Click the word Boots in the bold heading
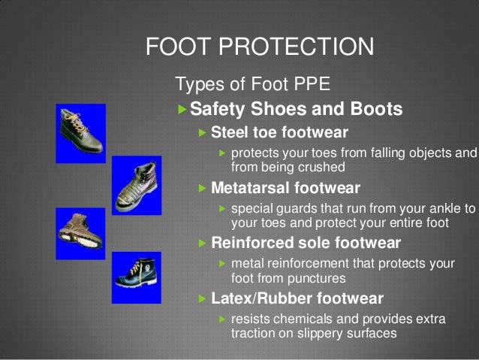coord(375,110)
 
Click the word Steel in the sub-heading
coord(232,134)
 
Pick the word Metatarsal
coord(252,188)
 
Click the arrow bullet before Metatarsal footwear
coord(201,188)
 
